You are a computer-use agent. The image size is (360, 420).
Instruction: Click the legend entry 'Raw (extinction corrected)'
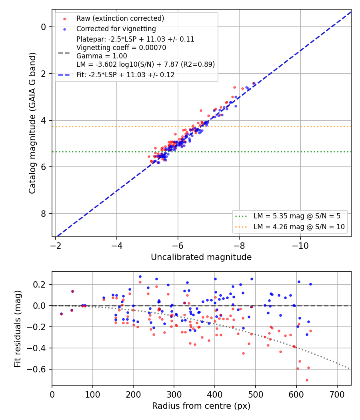click(x=120, y=18)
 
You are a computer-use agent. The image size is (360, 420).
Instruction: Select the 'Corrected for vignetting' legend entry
click(x=116, y=29)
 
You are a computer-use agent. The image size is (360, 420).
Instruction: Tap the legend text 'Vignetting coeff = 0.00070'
click(x=121, y=48)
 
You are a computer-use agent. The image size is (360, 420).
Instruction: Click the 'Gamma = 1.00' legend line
click(x=102, y=56)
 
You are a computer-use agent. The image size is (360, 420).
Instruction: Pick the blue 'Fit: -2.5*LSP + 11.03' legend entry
click(x=125, y=75)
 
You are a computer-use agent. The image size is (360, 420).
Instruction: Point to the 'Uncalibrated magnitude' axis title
click(x=201, y=257)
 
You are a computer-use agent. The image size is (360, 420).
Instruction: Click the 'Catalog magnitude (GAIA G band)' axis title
click(x=32, y=123)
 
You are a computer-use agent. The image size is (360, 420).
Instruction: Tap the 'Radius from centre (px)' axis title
click(x=201, y=406)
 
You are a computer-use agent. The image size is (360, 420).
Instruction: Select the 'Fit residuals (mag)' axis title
click(x=18, y=329)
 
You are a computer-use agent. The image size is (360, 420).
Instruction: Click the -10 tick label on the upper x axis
click(x=300, y=246)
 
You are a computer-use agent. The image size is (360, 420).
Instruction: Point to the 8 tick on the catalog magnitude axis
click(x=43, y=214)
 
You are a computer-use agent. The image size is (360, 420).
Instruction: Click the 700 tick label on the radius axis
click(x=337, y=394)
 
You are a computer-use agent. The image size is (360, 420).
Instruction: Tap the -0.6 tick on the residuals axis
click(x=38, y=369)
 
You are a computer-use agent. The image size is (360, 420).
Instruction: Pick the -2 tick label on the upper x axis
click(x=56, y=246)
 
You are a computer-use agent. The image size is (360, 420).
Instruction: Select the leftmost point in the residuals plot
click(x=61, y=314)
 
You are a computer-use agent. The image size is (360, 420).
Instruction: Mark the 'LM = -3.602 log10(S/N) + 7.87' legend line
click(x=146, y=64)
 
